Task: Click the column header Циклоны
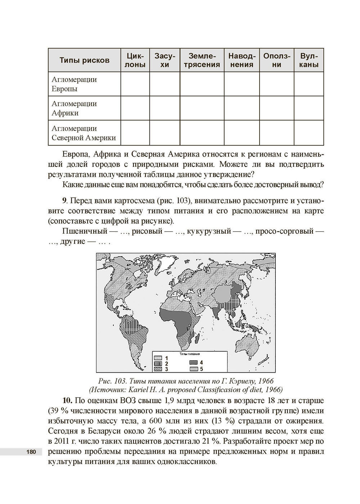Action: tap(135, 60)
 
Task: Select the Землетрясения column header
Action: tap(202, 60)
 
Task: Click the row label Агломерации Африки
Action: tap(75, 108)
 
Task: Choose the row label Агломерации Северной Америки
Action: tap(84, 133)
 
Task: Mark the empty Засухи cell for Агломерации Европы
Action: tap(165, 84)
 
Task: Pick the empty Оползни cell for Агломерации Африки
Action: tap(276, 108)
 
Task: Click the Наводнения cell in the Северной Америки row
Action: tap(242, 133)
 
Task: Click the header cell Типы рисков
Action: tap(84, 60)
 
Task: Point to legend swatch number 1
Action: tap(158, 358)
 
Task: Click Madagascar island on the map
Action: tap(197, 338)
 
